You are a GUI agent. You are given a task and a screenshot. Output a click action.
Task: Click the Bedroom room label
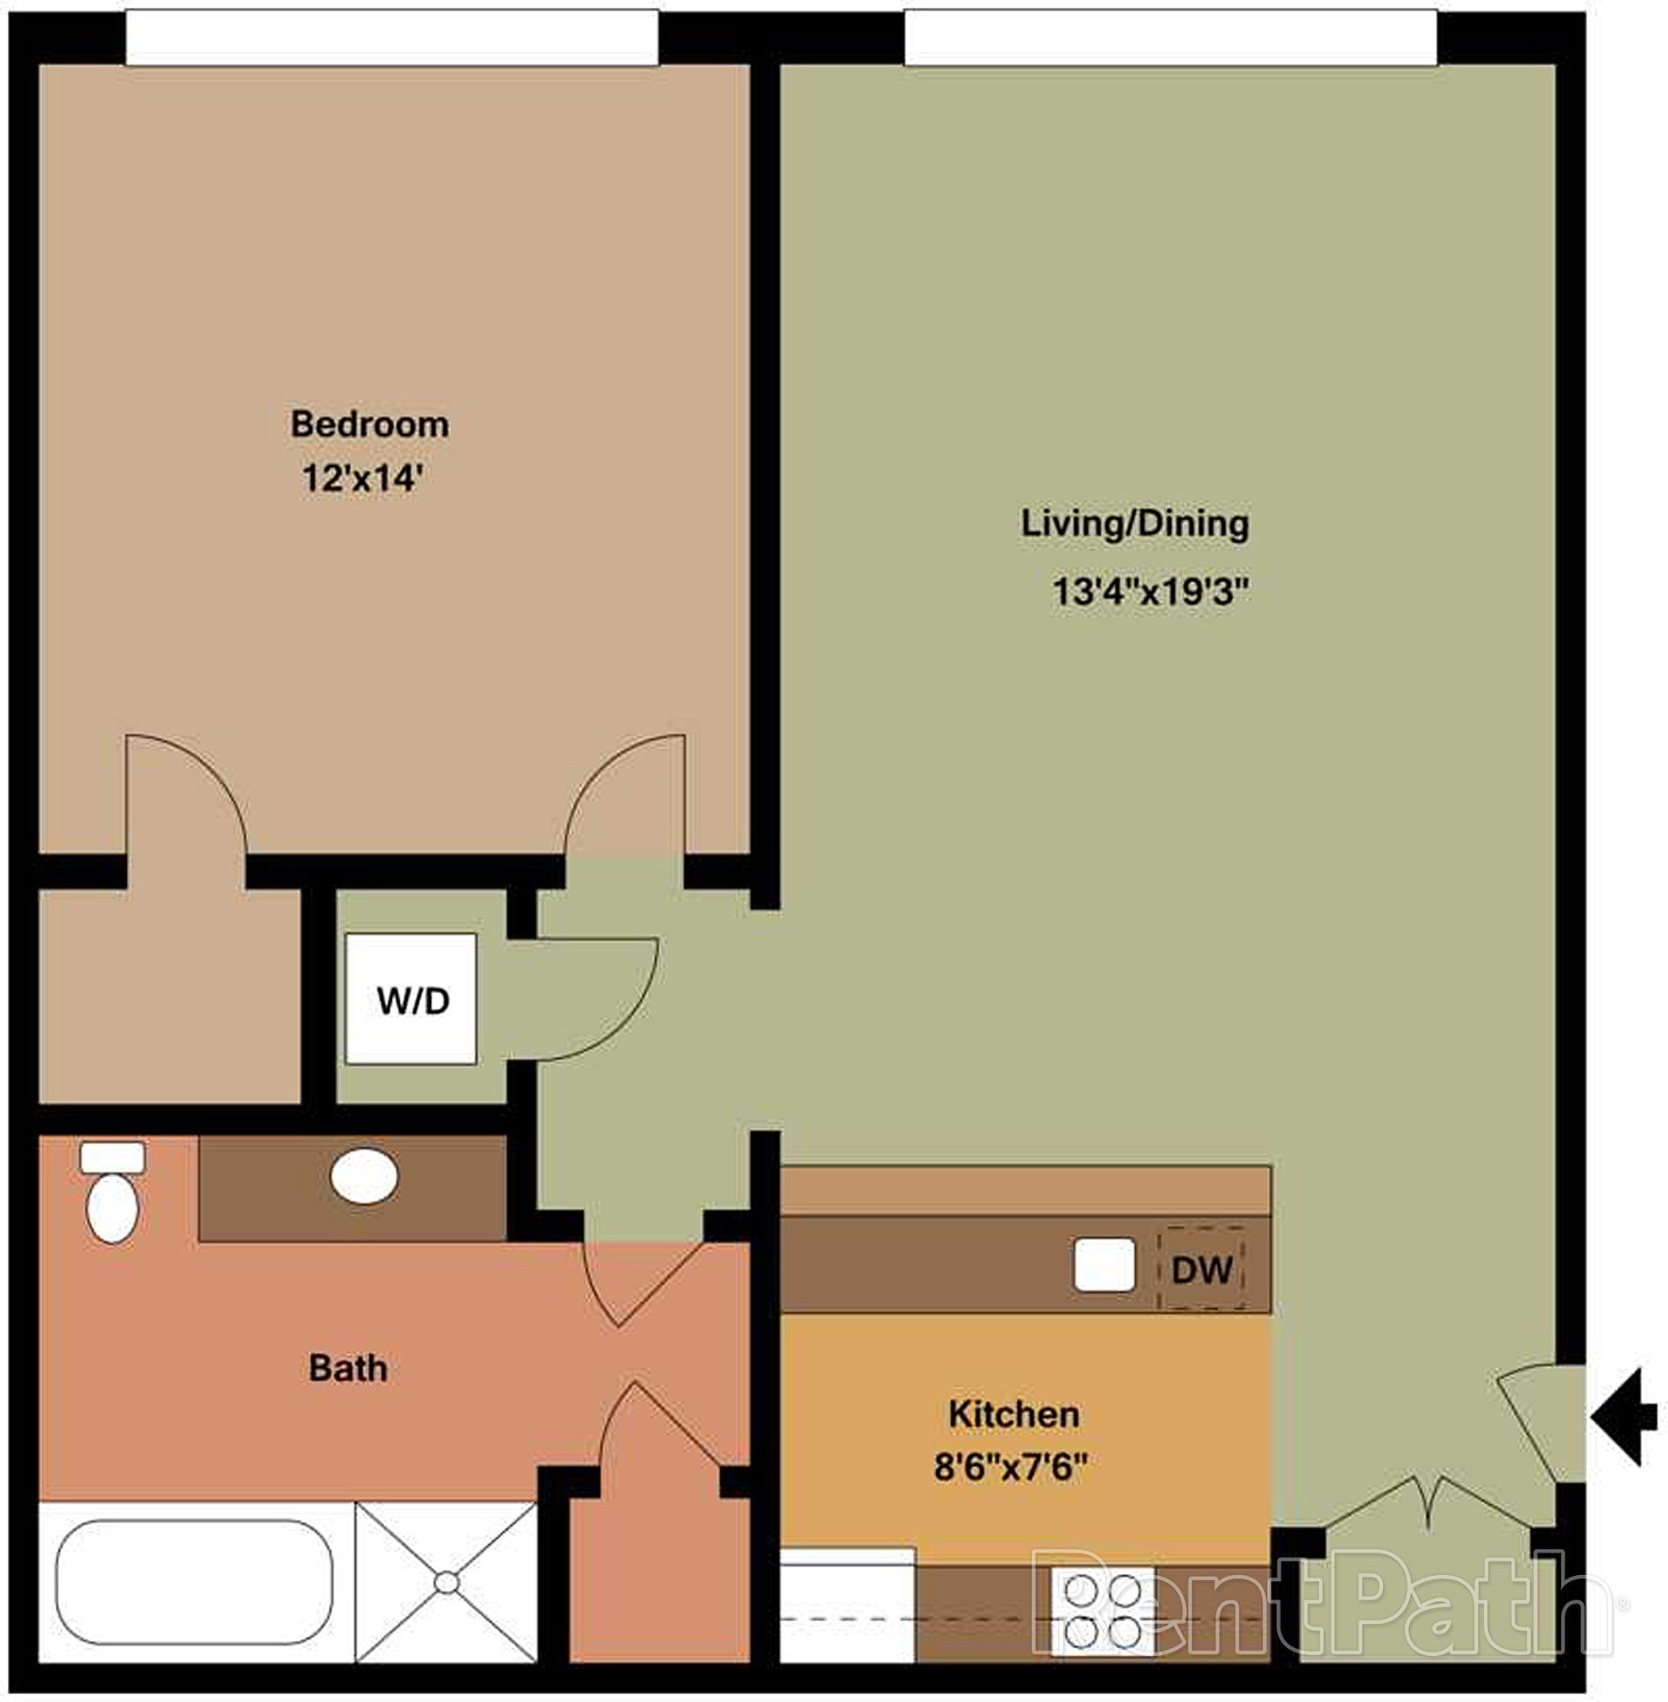pos(369,424)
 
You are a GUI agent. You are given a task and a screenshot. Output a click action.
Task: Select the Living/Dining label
pos(1135,523)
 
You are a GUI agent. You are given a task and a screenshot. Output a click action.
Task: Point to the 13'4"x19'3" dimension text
pos(1149,592)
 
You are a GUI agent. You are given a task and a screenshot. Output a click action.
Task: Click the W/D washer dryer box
pos(411,998)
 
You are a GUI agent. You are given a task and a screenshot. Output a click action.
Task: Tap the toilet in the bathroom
pos(112,1193)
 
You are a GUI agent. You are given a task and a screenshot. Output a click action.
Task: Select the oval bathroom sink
pos(364,1175)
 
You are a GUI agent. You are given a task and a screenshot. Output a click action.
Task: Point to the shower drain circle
pos(447,1583)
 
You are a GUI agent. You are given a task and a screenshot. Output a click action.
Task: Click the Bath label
pos(347,1368)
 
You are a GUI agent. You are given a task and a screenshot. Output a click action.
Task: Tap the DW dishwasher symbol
pos(1202,1269)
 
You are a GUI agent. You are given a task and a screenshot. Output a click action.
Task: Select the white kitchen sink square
pos(1104,1265)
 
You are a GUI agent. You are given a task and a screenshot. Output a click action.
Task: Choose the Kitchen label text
pos(1014,1413)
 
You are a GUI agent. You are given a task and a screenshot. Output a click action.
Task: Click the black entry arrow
pos(1626,1418)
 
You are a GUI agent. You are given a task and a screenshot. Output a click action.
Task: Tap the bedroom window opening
pos(392,37)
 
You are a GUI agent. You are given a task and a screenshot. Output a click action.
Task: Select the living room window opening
pos(1170,37)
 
